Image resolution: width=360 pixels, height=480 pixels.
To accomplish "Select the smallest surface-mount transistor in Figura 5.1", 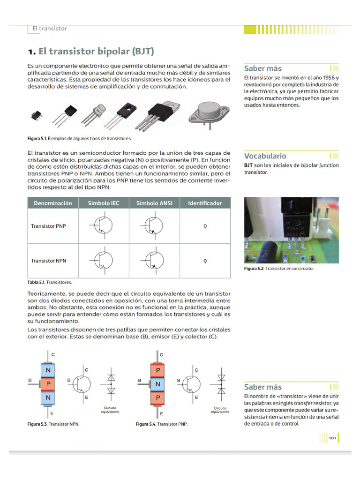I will pyautogui.click(x=36, y=114).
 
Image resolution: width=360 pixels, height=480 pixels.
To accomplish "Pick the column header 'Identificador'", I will pyautogui.click(x=205, y=203).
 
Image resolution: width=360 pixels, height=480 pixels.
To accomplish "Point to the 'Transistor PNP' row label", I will pyautogui.click(x=49, y=226).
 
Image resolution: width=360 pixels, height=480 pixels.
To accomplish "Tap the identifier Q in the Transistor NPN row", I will pyautogui.click(x=205, y=261).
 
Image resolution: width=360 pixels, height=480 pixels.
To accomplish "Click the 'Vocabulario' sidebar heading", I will pyautogui.click(x=265, y=156).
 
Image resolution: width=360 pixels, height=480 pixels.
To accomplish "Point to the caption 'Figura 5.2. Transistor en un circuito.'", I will pyautogui.click(x=278, y=269).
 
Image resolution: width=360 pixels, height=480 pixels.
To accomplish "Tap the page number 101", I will pyautogui.click(x=332, y=438).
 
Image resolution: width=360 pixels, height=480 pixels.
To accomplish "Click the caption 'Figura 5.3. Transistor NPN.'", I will pyautogui.click(x=53, y=424).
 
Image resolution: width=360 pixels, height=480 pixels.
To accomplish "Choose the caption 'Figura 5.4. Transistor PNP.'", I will pyautogui.click(x=162, y=424).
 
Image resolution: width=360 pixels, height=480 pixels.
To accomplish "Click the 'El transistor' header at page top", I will pyautogui.click(x=50, y=29).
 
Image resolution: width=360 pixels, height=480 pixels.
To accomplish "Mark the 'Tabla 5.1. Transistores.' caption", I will pyautogui.click(x=50, y=283).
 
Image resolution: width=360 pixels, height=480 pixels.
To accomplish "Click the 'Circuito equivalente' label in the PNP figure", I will pyautogui.click(x=220, y=410).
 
